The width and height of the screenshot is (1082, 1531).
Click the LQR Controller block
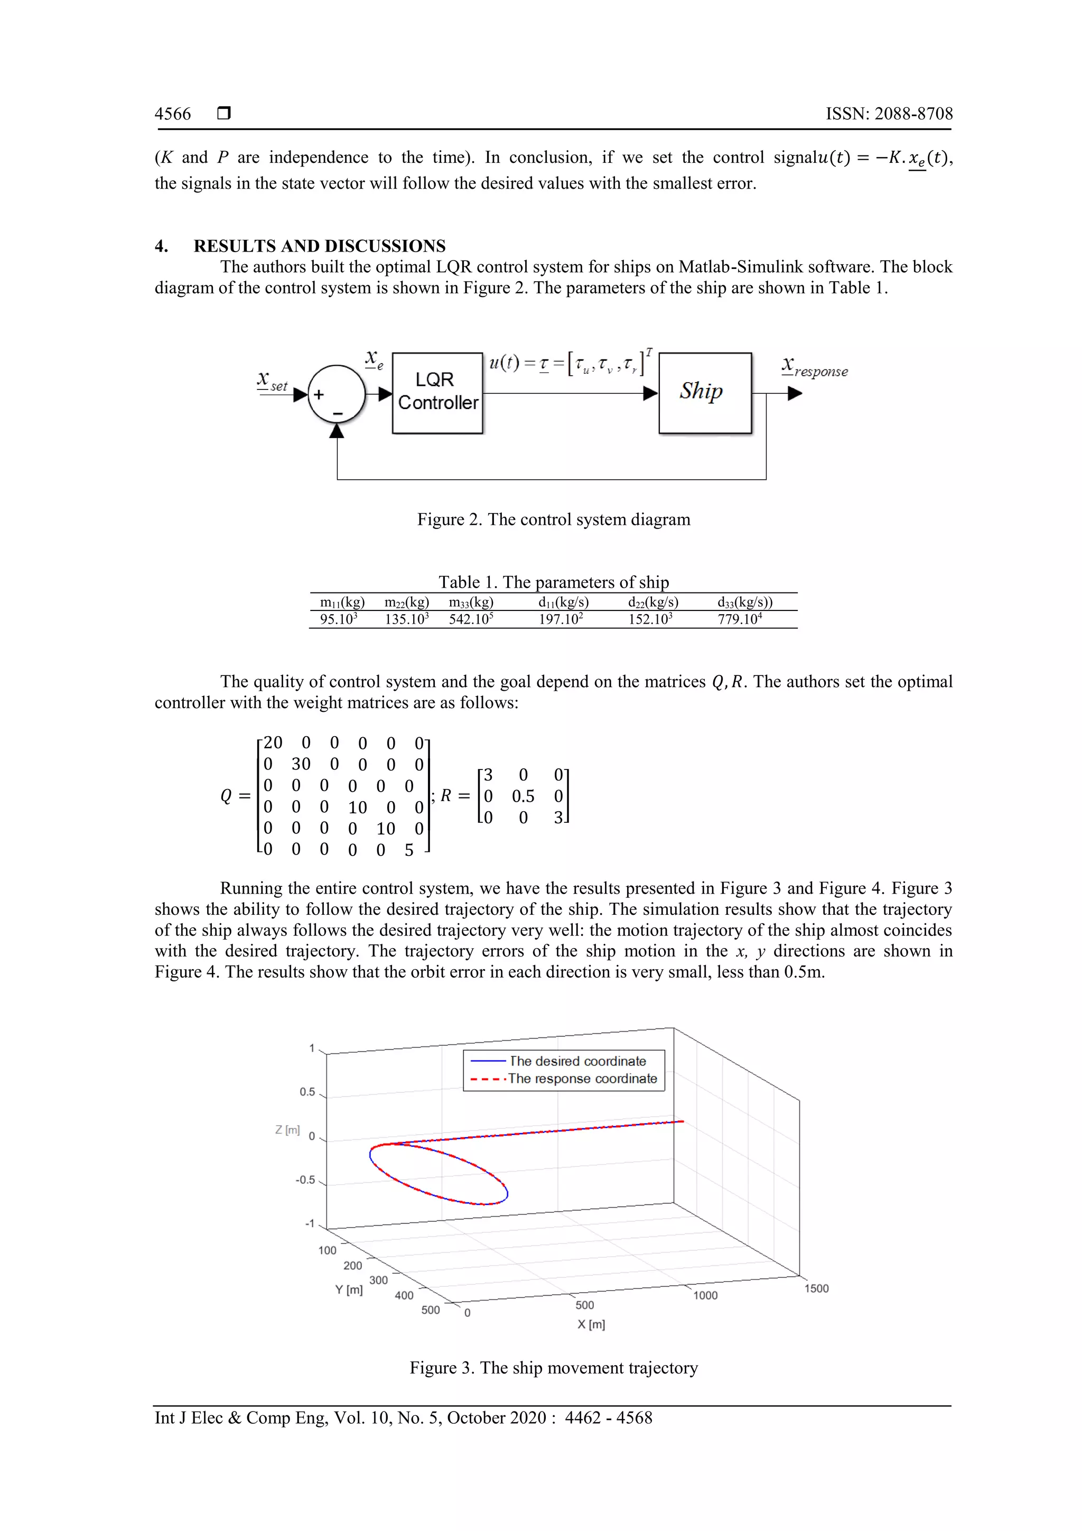point(437,392)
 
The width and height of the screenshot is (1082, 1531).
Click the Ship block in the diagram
point(705,392)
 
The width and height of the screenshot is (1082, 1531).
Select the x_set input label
point(272,382)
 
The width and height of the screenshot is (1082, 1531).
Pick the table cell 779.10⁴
point(739,619)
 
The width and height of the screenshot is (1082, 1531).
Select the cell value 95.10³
point(338,619)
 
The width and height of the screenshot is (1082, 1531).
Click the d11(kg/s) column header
point(563,602)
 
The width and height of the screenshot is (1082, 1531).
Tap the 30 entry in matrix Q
point(301,764)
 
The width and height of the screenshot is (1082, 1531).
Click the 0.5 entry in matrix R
point(523,796)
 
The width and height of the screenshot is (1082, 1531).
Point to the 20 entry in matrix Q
point(273,743)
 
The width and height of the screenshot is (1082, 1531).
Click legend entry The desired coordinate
point(577,1061)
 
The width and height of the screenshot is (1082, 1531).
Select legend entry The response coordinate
point(582,1079)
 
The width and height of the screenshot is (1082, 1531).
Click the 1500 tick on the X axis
point(816,1288)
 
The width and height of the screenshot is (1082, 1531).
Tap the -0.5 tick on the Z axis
point(305,1180)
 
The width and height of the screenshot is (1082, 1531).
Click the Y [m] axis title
point(349,1289)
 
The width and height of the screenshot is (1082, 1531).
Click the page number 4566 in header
point(173,114)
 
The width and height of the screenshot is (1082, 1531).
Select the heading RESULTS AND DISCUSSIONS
point(319,246)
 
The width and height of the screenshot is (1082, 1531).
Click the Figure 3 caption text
point(553,1368)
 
